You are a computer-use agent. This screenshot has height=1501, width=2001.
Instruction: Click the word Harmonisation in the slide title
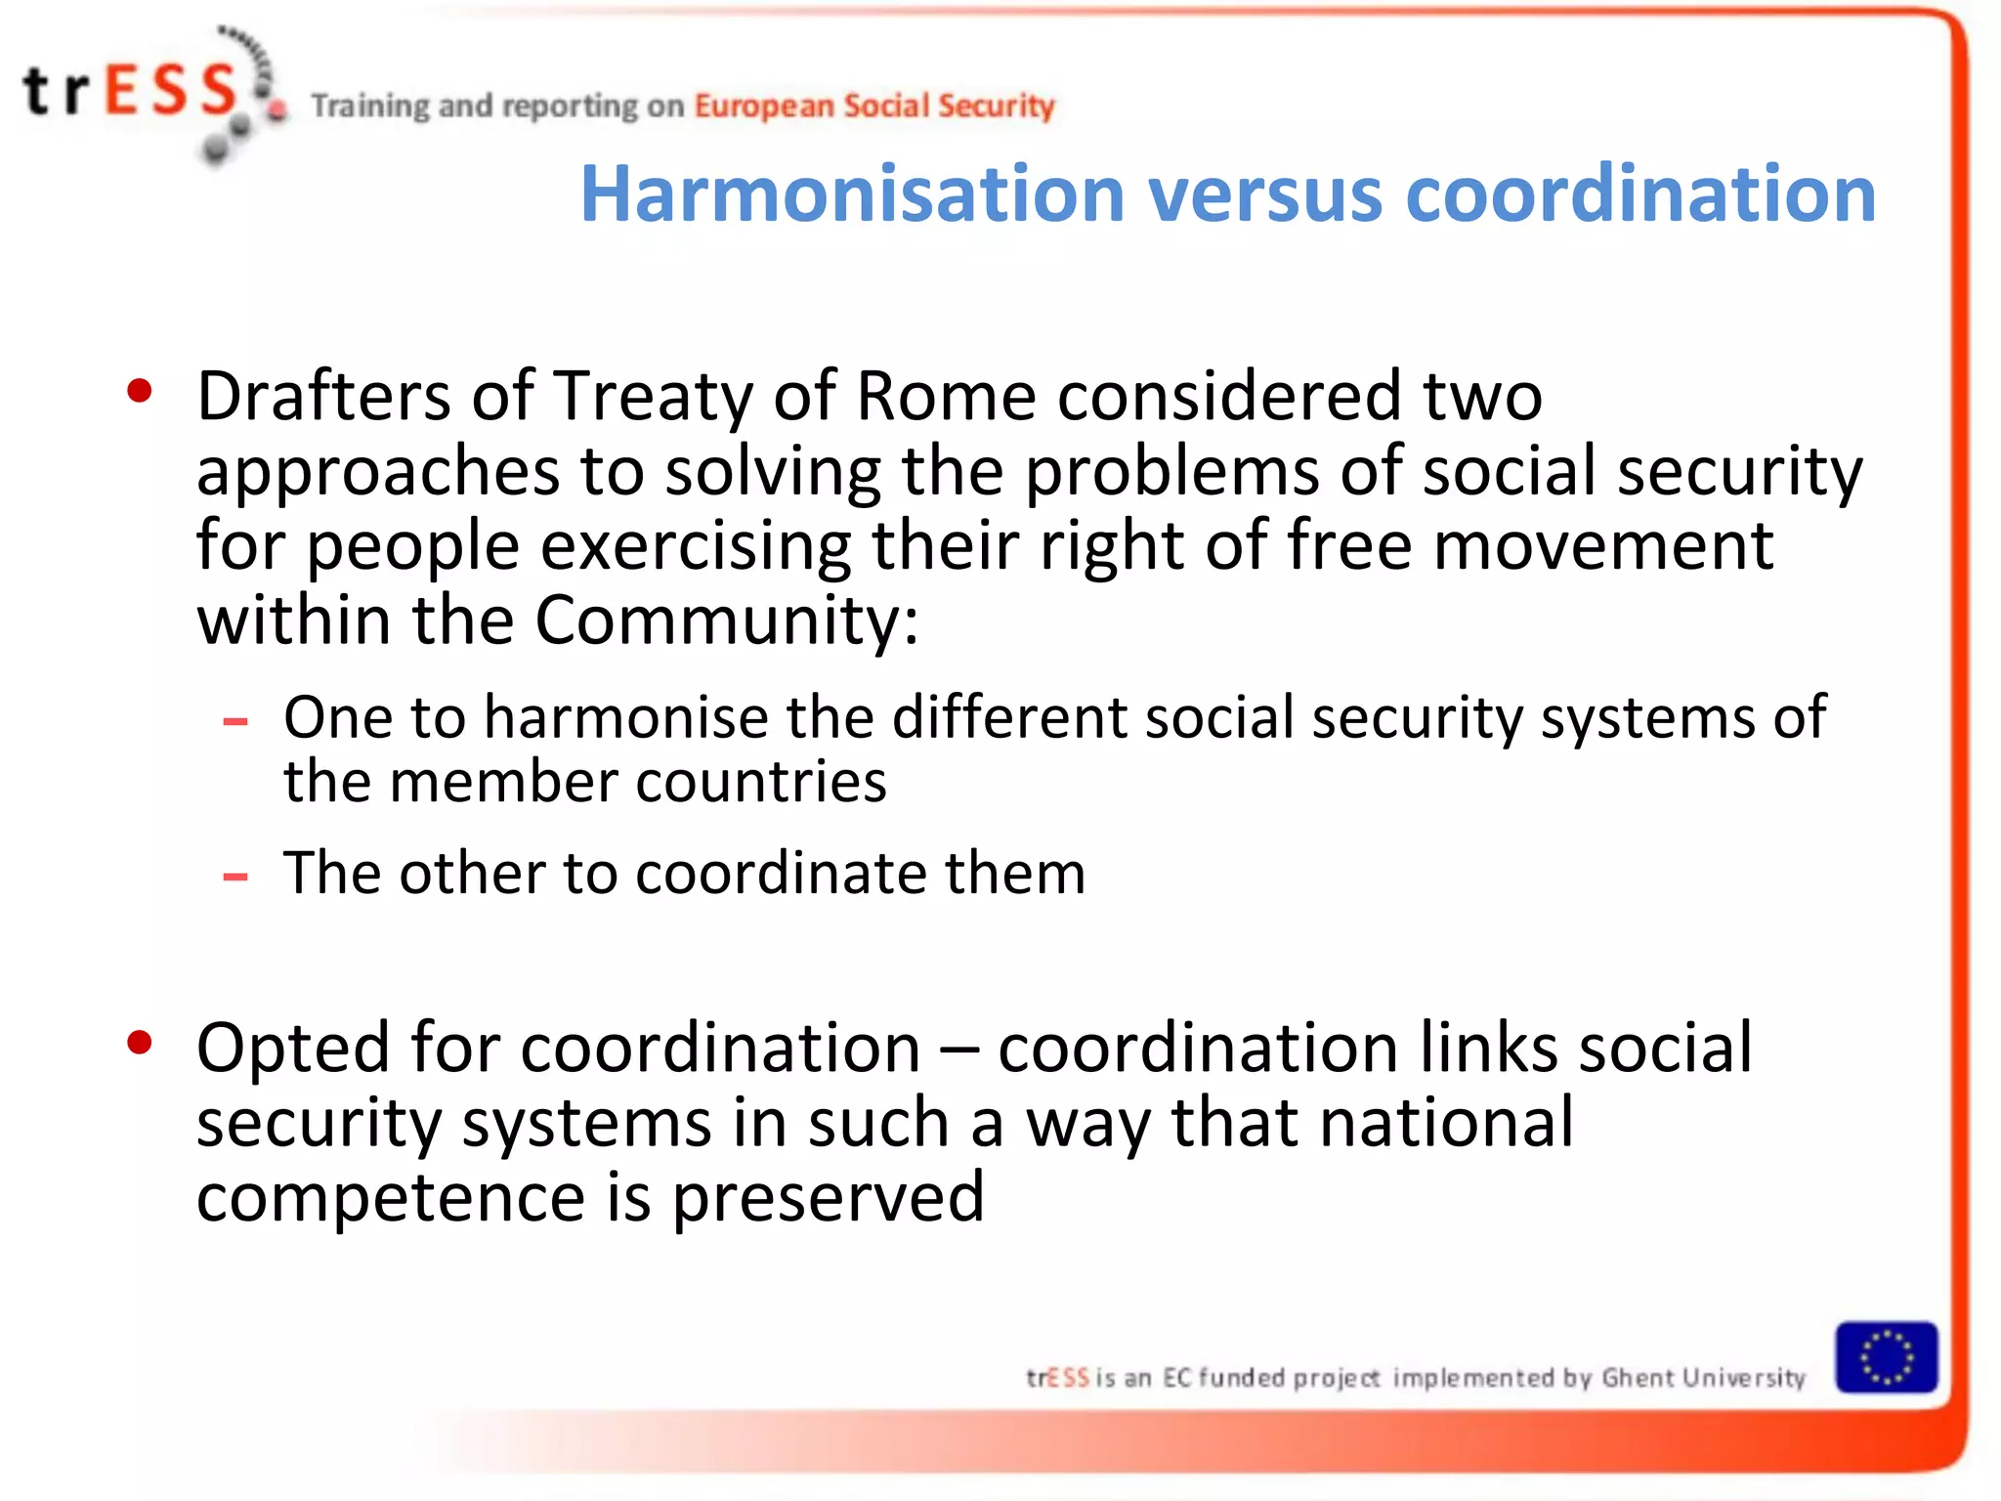click(852, 193)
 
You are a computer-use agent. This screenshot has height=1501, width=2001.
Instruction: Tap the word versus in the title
click(1265, 193)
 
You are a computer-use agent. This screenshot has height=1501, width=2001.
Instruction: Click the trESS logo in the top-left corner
click(147, 93)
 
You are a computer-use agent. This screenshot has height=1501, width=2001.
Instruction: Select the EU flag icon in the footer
click(1886, 1357)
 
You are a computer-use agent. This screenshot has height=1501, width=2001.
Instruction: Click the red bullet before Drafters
click(140, 391)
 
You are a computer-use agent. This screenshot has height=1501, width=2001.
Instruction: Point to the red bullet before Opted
click(140, 1043)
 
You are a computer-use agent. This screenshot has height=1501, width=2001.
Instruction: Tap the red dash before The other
click(235, 877)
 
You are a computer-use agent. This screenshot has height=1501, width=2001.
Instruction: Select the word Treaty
click(653, 398)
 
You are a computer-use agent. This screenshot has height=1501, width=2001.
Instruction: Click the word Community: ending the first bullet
click(727, 621)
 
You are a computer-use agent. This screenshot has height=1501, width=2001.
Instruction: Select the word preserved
click(828, 1198)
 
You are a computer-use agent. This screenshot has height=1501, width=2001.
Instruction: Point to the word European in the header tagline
click(764, 106)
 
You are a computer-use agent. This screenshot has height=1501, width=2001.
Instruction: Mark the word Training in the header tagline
click(370, 106)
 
